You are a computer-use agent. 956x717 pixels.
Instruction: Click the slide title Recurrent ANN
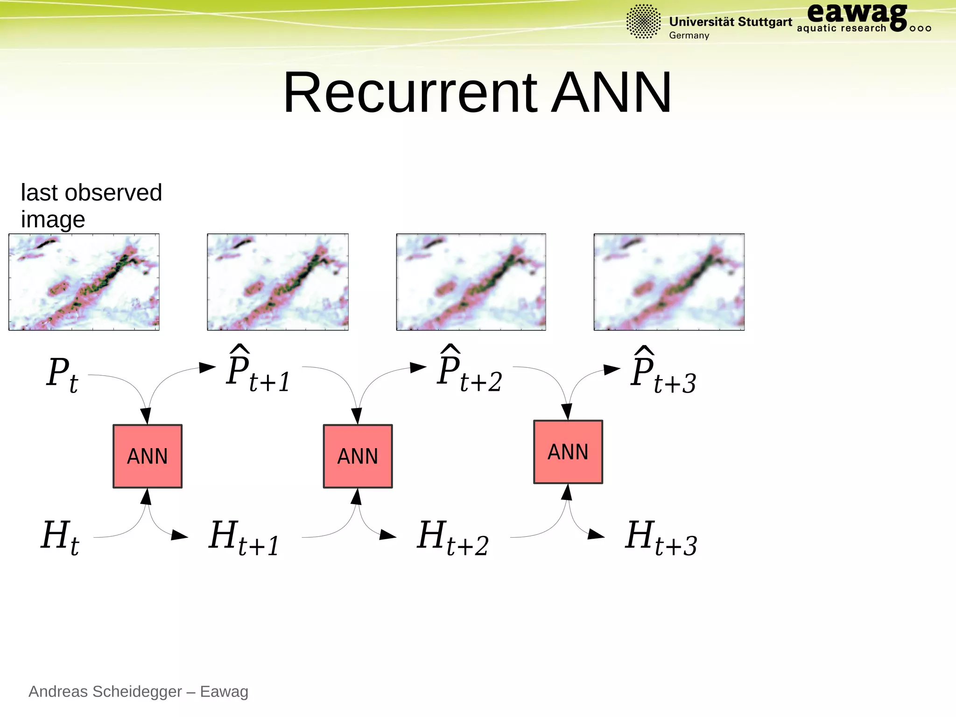tap(477, 92)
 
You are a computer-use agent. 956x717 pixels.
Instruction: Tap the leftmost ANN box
tap(148, 456)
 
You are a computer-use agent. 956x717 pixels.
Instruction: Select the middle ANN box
tap(358, 456)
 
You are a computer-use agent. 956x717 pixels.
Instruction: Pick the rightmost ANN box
tap(568, 452)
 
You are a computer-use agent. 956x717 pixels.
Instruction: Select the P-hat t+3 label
tap(663, 373)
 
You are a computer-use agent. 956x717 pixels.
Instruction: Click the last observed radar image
tap(84, 282)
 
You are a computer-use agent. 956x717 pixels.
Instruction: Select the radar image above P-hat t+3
tap(669, 282)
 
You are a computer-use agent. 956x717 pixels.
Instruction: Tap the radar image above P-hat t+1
tap(278, 282)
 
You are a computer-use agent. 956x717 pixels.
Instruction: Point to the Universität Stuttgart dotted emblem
tap(643, 21)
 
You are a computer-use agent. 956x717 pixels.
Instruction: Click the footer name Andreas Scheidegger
tap(105, 691)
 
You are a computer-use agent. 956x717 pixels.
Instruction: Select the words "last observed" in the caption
tap(91, 193)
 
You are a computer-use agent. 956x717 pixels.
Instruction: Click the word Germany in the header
tap(689, 35)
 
